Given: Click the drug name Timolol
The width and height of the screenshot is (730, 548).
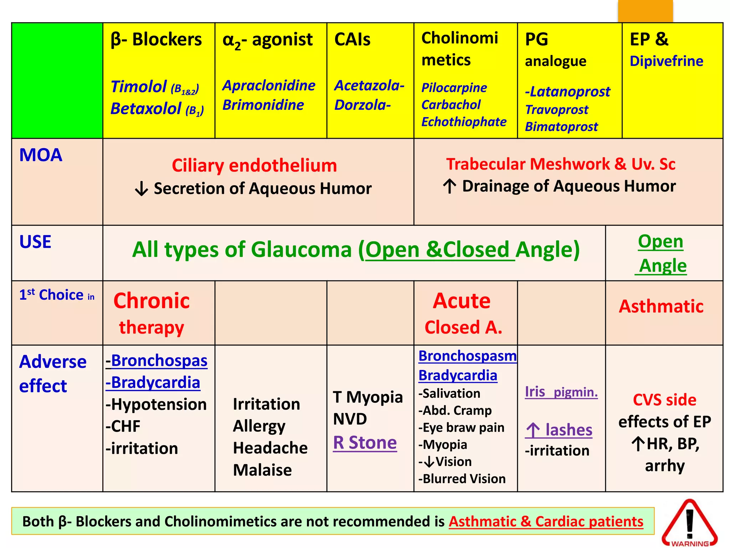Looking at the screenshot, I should point(139,87).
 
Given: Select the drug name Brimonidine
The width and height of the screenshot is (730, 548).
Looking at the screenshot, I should point(263,105).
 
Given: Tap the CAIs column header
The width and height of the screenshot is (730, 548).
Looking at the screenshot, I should point(352,39).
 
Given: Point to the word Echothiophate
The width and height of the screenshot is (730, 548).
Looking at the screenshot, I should point(463,122).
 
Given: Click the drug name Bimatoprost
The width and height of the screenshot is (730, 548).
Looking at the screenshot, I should point(561,127).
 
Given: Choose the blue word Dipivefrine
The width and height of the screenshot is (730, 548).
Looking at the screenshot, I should point(666,61).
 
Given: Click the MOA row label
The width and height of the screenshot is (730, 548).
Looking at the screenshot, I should point(41,155).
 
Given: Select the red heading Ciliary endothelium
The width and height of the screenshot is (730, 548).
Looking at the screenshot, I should point(254,166).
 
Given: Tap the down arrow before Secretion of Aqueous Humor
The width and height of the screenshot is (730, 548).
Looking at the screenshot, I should point(142,188).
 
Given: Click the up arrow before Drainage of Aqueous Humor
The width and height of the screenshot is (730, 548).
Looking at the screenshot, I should point(449,186).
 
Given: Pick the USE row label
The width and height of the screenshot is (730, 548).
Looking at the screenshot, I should point(35,242).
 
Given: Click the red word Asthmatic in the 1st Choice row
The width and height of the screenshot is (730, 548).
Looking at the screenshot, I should point(661,306).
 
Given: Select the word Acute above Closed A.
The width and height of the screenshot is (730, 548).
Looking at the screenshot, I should point(462,300).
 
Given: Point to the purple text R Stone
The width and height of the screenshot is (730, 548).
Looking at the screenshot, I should point(365,443).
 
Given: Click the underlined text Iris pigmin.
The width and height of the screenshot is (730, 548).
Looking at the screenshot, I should point(561,392).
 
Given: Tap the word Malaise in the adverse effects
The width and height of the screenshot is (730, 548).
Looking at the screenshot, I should point(262,470).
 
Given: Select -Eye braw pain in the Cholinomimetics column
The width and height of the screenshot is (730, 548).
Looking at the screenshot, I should point(461,427).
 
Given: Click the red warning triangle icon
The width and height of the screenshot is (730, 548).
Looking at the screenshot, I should point(689,523).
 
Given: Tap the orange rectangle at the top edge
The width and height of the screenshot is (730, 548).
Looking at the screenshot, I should point(645,11).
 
